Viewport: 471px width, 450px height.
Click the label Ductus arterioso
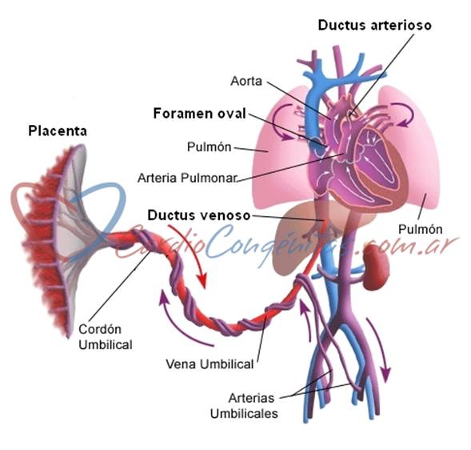tap(374, 26)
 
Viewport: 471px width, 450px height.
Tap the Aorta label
tap(246, 81)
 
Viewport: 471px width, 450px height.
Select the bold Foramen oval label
tap(200, 114)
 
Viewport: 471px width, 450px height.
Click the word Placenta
tap(58, 131)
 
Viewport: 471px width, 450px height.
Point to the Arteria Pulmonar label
tap(187, 178)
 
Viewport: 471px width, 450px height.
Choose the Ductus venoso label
tap(199, 215)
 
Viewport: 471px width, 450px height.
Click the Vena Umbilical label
tap(210, 364)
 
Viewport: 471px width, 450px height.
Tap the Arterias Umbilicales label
tap(244, 406)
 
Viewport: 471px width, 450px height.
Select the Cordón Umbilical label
tap(106, 337)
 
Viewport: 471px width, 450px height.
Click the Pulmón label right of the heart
tap(421, 230)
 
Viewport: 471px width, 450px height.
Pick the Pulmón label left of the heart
tap(209, 147)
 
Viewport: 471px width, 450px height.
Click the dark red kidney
tap(377, 267)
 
